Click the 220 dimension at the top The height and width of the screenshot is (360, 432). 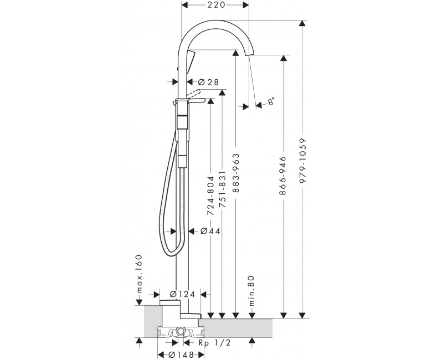pyautogui.click(x=215, y=4)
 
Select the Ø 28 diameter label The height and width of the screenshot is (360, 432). pyautogui.click(x=208, y=82)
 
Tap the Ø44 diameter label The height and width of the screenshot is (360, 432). pyautogui.click(x=210, y=231)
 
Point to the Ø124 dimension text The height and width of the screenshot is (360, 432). pyautogui.click(x=182, y=294)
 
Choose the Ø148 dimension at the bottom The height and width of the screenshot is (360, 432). pyautogui.click(x=182, y=354)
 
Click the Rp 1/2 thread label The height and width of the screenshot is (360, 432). pyautogui.click(x=215, y=342)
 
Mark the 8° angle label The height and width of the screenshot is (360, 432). pyautogui.click(x=271, y=101)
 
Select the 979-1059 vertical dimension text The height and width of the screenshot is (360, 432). pyautogui.click(x=303, y=161)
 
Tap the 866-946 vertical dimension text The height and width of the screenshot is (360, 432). pyautogui.click(x=282, y=176)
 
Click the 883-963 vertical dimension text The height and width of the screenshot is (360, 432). pyautogui.click(x=236, y=173)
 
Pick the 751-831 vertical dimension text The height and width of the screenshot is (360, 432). pyautogui.click(x=222, y=189)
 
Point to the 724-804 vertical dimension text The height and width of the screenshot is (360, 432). pyautogui.click(x=210, y=196)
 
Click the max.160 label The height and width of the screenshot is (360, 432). pyautogui.click(x=140, y=273)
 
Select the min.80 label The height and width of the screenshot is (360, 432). pyautogui.click(x=252, y=291)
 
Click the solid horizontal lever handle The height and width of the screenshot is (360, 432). pyautogui.click(x=196, y=101)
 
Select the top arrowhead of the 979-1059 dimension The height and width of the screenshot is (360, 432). pyautogui.click(x=302, y=23)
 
